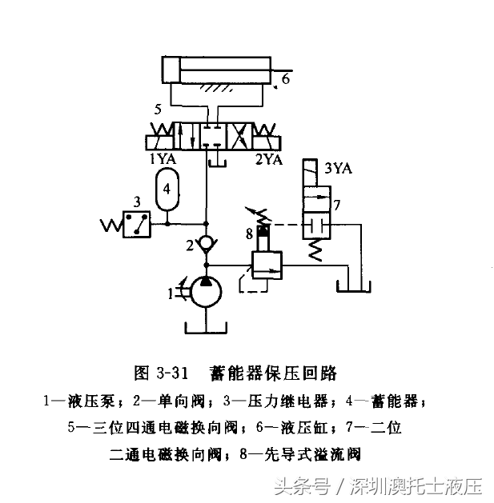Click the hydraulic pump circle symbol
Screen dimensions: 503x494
coord(207,292)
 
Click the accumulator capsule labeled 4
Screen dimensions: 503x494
coord(167,190)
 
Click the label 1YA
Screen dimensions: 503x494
coord(163,158)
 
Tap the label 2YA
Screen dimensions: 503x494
coord(269,158)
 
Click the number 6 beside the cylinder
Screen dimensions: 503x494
coord(286,79)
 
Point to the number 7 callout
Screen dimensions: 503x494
coord(337,206)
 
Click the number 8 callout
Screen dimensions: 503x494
coord(249,234)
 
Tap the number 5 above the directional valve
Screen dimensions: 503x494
coord(159,110)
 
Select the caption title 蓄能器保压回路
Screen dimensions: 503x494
coord(272,373)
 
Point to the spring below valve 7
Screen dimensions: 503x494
coord(315,250)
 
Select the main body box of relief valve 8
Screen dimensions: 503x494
coord(267,263)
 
